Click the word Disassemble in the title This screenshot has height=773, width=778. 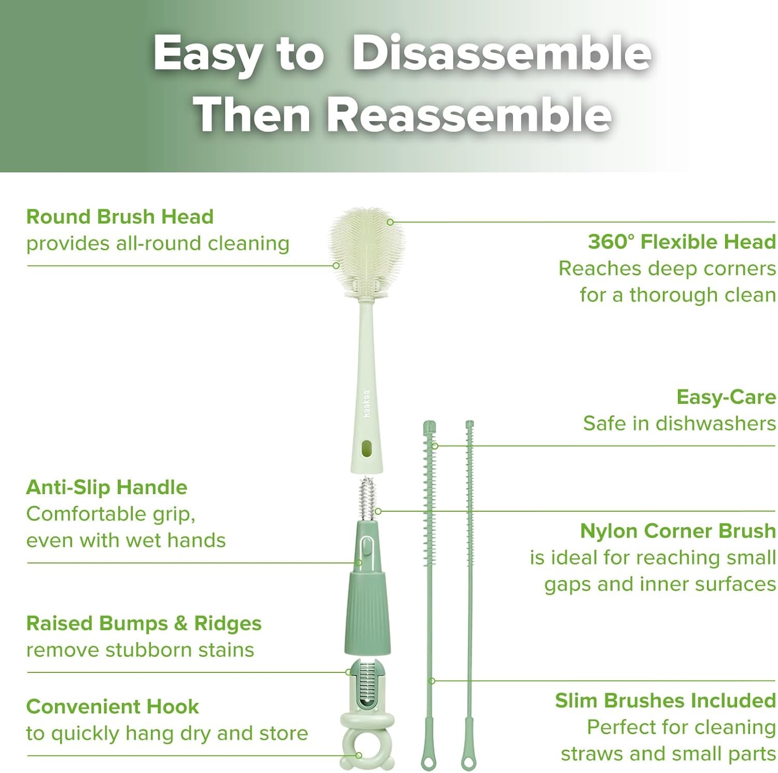[x=501, y=53]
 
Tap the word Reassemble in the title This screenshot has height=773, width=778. [x=469, y=115]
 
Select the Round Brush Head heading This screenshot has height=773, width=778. [x=120, y=217]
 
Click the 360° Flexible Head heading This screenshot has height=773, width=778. [x=682, y=242]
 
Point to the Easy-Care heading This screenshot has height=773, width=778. [x=726, y=397]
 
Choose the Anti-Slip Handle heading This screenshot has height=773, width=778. [x=107, y=487]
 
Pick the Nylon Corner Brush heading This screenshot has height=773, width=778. [x=678, y=531]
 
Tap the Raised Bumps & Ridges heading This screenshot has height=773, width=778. [x=144, y=623]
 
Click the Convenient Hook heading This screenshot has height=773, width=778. [x=113, y=707]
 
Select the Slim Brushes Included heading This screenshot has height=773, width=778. [x=665, y=700]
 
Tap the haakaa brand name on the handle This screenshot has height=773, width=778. [x=367, y=403]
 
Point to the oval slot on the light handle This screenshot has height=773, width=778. [x=367, y=448]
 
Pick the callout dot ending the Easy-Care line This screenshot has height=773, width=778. [x=435, y=446]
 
